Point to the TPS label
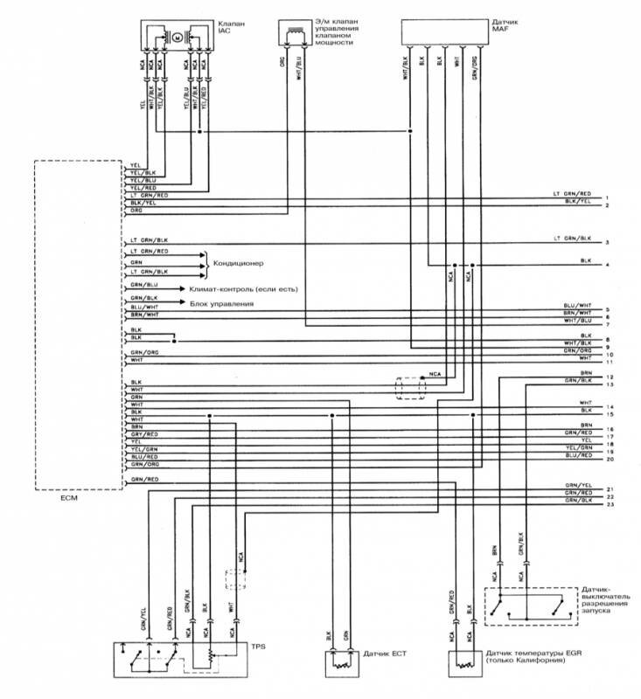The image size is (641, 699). [257, 647]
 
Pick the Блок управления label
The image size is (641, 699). [221, 303]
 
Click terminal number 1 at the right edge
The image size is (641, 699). [606, 197]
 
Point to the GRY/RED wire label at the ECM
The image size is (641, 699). [144, 434]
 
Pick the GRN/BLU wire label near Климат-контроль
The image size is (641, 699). [144, 285]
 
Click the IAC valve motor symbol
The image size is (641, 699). [176, 38]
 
